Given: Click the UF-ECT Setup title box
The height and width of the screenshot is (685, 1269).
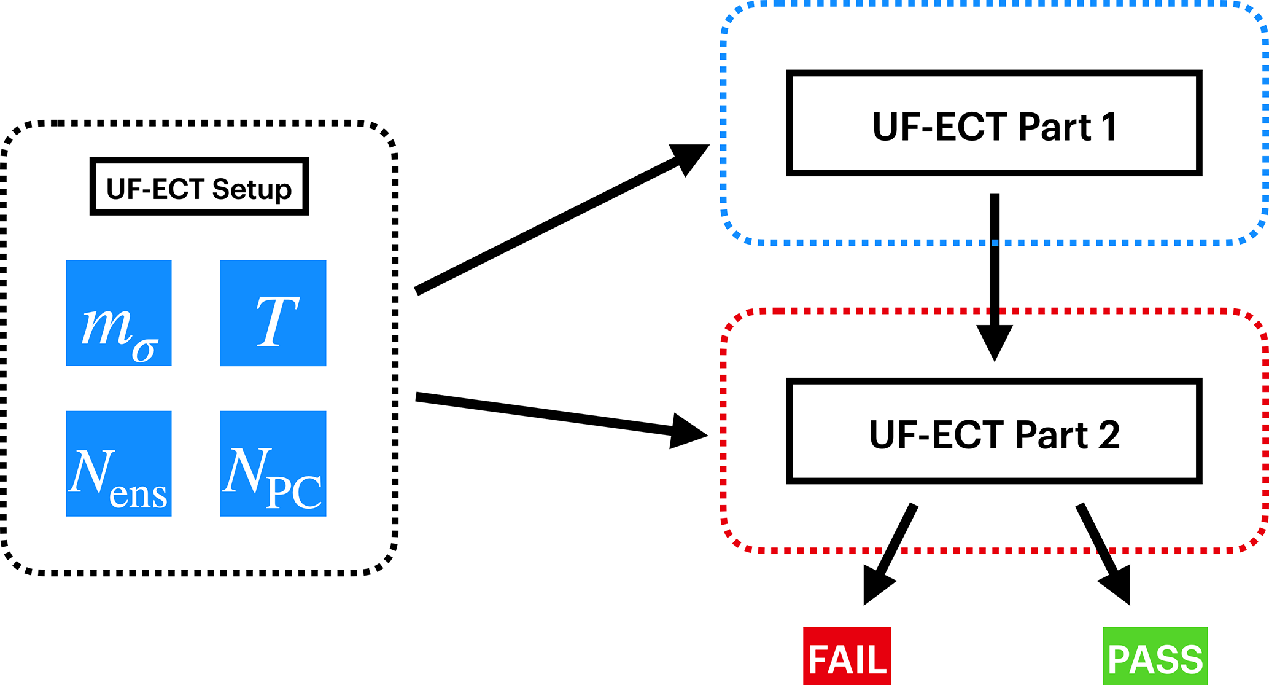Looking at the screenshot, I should click(199, 187).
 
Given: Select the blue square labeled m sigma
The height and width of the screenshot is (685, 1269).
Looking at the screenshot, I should click(118, 313).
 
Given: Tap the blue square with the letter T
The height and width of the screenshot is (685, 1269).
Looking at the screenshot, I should click(273, 313).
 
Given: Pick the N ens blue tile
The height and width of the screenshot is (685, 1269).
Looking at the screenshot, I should click(118, 464).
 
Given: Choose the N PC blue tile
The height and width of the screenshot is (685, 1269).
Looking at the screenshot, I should click(273, 464).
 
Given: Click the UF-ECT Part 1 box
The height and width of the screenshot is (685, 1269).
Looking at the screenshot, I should click(994, 123).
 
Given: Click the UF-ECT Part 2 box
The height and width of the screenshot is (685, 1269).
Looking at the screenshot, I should click(994, 431).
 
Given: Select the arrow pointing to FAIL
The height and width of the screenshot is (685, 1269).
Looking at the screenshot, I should click(890, 553).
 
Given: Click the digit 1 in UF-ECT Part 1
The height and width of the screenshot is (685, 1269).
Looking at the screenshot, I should click(1108, 127).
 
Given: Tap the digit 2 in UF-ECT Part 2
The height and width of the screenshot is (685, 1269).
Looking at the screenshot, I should click(1107, 435).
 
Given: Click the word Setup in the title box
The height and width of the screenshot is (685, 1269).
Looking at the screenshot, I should click(251, 189).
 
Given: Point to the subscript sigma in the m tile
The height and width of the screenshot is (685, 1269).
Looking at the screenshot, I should click(145, 350).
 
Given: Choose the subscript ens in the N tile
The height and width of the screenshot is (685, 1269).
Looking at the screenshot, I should click(138, 495).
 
